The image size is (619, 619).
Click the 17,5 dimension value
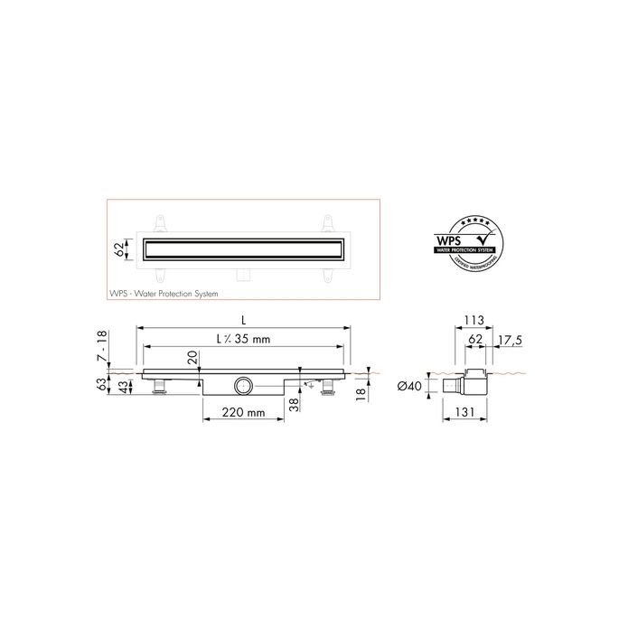(x=511, y=341)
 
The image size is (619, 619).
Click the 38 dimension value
(x=293, y=406)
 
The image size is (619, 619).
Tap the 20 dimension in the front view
(x=192, y=359)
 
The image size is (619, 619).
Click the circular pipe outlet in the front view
(x=242, y=387)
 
